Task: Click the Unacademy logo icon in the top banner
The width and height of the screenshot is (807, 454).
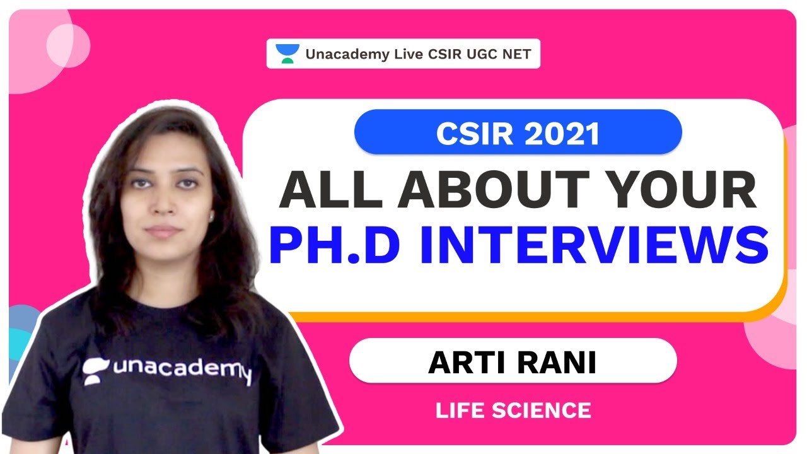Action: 287,54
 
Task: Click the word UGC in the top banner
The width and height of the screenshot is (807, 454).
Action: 482,54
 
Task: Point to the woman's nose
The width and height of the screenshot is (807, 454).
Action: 161,209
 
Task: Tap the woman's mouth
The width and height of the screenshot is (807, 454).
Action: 163,231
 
